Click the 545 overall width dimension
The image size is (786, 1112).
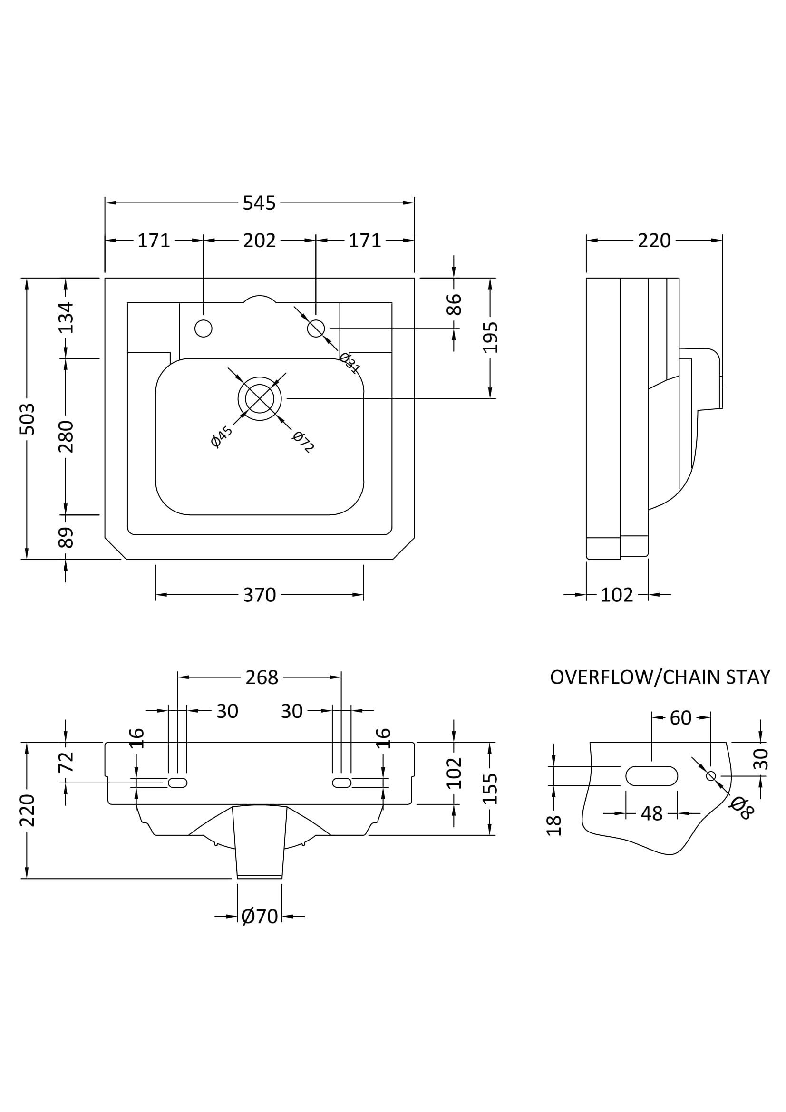point(259,203)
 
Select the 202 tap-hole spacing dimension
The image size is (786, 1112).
point(259,241)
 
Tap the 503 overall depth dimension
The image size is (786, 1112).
point(28,418)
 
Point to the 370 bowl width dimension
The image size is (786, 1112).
point(259,595)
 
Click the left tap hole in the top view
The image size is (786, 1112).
point(204,329)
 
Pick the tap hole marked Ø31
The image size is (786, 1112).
point(316,329)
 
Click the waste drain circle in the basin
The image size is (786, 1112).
point(260,398)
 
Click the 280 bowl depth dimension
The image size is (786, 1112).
point(66,436)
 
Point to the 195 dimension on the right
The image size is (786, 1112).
point(491,338)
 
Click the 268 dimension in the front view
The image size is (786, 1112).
point(262,677)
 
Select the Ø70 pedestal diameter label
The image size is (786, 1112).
point(260,916)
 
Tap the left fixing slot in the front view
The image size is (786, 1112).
point(177,783)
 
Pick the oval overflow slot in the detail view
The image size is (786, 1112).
point(651,776)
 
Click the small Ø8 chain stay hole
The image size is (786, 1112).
point(711,776)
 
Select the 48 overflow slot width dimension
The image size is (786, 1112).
point(651,813)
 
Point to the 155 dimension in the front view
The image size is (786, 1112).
point(491,788)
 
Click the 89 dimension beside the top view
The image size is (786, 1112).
point(66,537)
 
